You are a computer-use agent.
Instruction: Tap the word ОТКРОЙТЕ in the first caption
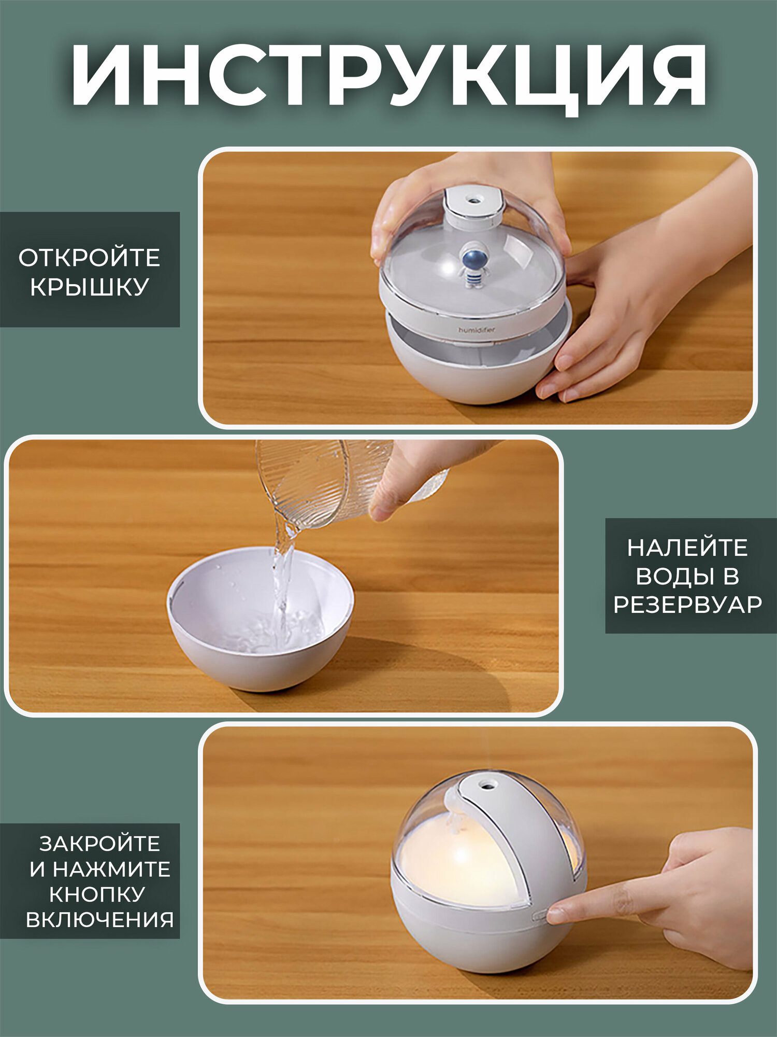pyautogui.click(x=90, y=258)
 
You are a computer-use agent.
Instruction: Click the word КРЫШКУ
pyautogui.click(x=90, y=287)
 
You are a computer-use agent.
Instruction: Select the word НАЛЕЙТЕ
pyautogui.click(x=687, y=548)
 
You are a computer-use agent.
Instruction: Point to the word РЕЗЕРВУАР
pyautogui.click(x=687, y=605)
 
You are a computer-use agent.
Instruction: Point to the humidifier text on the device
pyautogui.click(x=477, y=330)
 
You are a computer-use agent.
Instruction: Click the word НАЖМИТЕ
pyautogui.click(x=111, y=869)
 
